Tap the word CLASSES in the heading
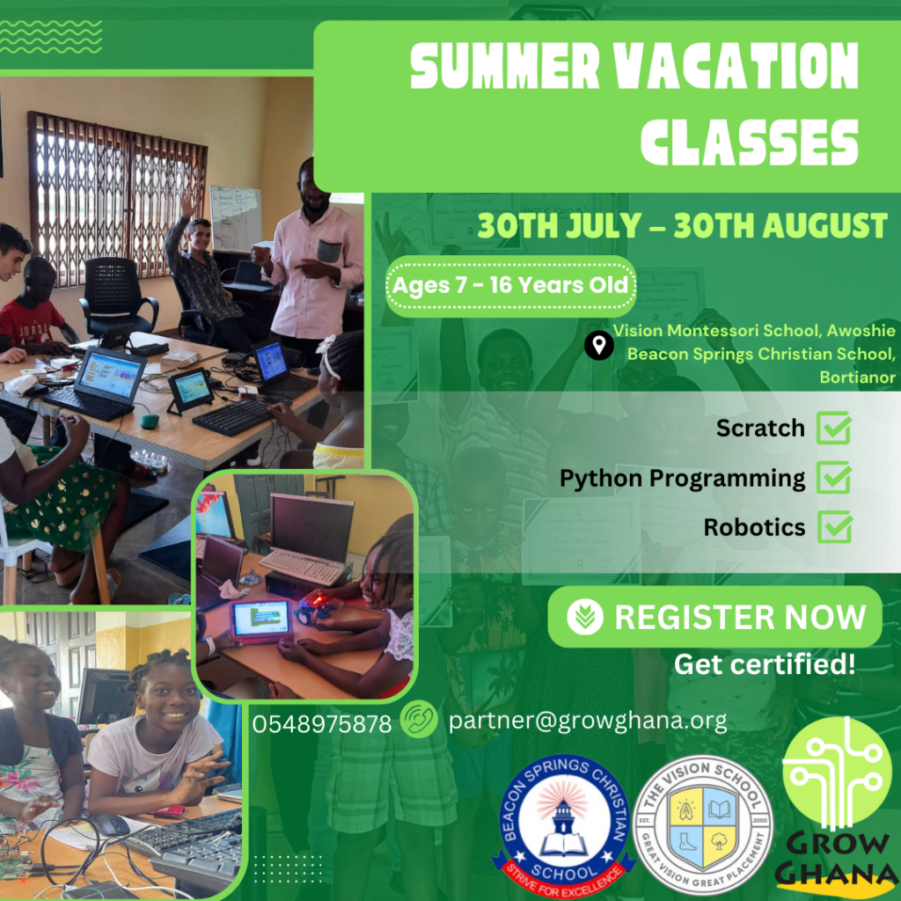pos(750,143)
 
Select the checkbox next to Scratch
pos(834,429)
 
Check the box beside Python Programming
pos(834,478)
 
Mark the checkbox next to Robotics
pos(834,527)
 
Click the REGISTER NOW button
pos(714,617)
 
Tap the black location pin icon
pos(598,345)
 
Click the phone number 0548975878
pos(322,724)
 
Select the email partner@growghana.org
pos(587,721)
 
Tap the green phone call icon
pos(419,719)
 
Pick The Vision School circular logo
pos(703,824)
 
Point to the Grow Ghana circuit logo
pos(837,804)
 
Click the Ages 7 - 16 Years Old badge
pos(511,286)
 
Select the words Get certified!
pos(765,664)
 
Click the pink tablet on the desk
pos(260,621)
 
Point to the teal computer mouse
pos(150,421)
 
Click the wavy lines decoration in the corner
pos(50,37)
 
